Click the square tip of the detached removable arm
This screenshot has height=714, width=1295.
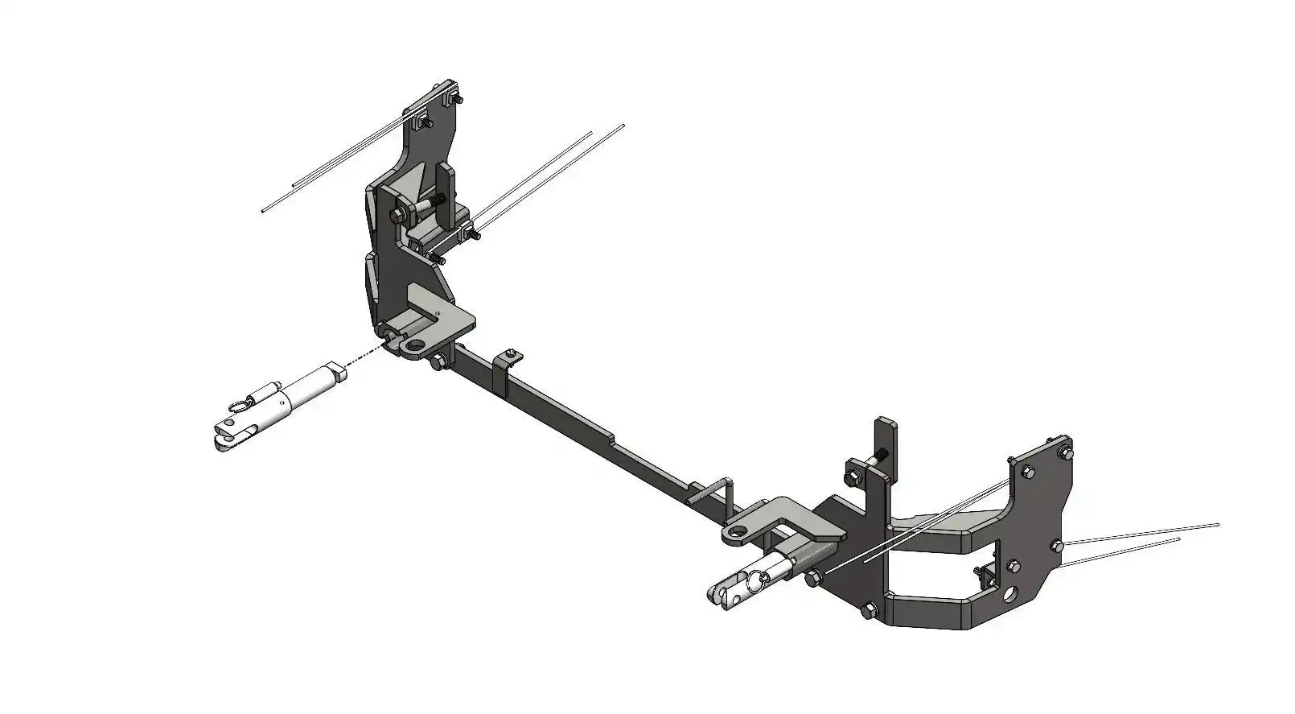pyautogui.click(x=341, y=372)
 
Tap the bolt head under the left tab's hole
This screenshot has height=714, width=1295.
pyautogui.click(x=438, y=363)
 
